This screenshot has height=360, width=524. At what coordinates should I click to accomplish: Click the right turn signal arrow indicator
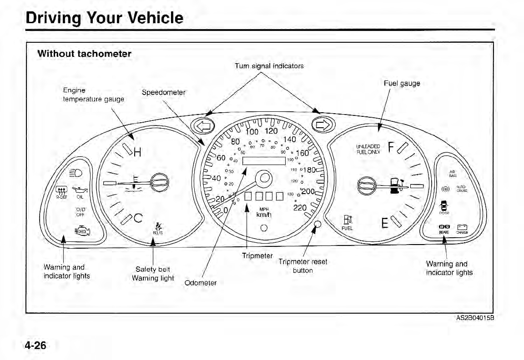pyautogui.click(x=324, y=124)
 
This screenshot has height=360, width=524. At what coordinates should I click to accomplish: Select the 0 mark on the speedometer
pyautogui.click(x=227, y=210)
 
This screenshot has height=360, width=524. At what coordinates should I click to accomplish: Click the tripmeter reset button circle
pyautogui.click(x=317, y=224)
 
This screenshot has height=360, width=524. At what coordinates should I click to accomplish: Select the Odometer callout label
pyautogui.click(x=201, y=283)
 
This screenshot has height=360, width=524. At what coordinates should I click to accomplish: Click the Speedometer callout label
pyautogui.click(x=164, y=93)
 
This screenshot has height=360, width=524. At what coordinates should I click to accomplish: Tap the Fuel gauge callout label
pyautogui.click(x=402, y=83)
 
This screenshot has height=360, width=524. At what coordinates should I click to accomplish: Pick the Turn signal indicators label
pyautogui.click(x=269, y=65)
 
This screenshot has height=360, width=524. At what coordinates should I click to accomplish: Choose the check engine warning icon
pyautogui.click(x=82, y=231)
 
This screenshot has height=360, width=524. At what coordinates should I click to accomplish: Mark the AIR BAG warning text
pyautogui.click(x=453, y=174)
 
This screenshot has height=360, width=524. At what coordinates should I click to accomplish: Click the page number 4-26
pyautogui.click(x=35, y=345)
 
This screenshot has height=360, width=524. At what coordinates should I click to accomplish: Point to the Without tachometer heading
pyautogui.click(x=84, y=54)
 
